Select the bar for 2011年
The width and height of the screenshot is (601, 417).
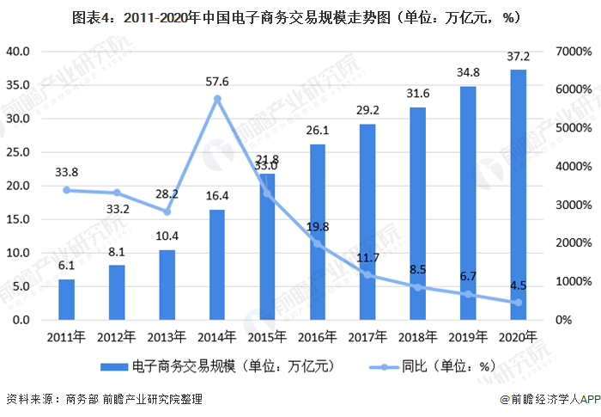[66, 299]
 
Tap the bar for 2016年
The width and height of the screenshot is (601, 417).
[318, 232]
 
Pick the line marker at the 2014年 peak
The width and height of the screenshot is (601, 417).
[217, 99]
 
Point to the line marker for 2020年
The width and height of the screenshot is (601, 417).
[518, 303]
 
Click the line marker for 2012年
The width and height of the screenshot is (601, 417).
[117, 193]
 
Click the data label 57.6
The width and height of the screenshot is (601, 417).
[217, 83]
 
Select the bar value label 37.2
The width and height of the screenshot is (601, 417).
[518, 57]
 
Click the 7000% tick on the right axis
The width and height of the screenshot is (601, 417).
[574, 52]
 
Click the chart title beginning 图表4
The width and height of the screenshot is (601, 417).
[300, 16]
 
